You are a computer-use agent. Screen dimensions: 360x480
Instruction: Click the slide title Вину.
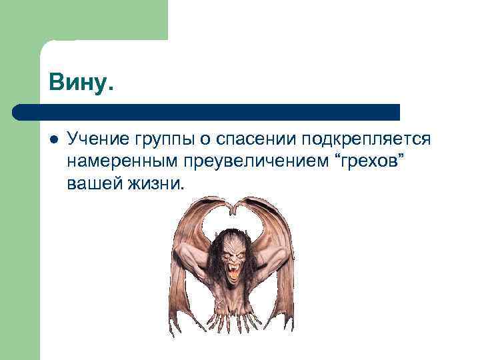point(81,84)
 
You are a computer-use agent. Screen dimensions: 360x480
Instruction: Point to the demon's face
point(232,257)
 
